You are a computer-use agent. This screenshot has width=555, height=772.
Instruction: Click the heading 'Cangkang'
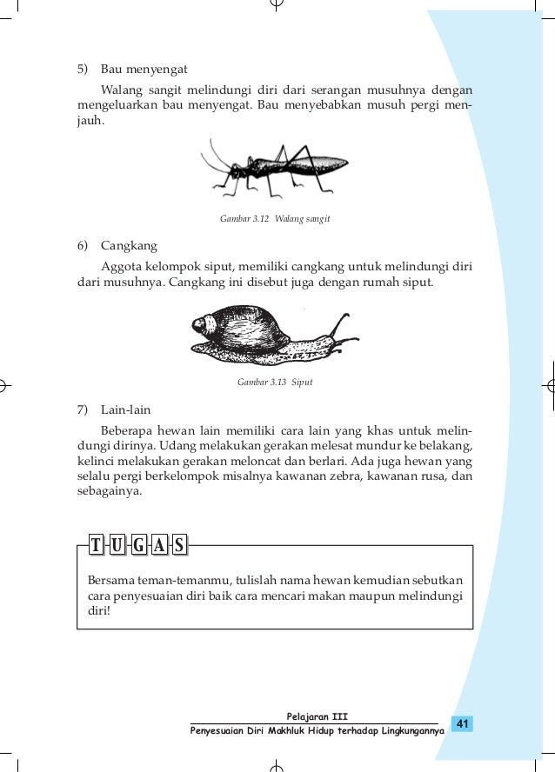point(127,246)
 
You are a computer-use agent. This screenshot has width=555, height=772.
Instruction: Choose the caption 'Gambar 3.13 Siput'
point(275,382)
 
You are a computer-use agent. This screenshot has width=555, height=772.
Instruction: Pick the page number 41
point(462,723)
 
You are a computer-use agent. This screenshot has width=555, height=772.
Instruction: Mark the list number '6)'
point(84,246)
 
